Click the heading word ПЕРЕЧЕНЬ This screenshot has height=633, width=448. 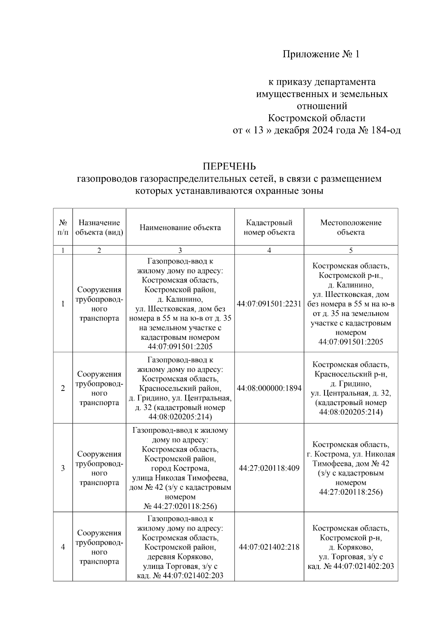pos(229,166)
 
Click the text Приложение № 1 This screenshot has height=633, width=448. pos(321,54)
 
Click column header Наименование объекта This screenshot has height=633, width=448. pos(180,228)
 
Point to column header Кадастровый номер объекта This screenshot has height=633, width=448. pos(269,228)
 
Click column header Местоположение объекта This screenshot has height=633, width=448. pos(351,228)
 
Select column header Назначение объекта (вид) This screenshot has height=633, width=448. pos(99,228)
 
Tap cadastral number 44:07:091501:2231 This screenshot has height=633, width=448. pos(269,304)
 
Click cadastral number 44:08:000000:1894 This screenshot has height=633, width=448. pos(269,388)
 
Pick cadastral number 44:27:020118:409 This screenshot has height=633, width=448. pos(269,468)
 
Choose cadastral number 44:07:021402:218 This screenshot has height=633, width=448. pos(269,547)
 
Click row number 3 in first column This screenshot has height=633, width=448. pos(63,468)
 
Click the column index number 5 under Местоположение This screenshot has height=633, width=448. pos(351,251)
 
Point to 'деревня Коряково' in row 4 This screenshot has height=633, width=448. pos(180,557)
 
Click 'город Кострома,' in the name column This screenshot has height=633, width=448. pos(180,468)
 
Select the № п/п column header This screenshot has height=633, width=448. pos(63,228)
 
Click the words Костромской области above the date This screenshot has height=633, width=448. pos(317,118)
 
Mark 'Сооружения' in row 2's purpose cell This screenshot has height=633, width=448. pos(99,374)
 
